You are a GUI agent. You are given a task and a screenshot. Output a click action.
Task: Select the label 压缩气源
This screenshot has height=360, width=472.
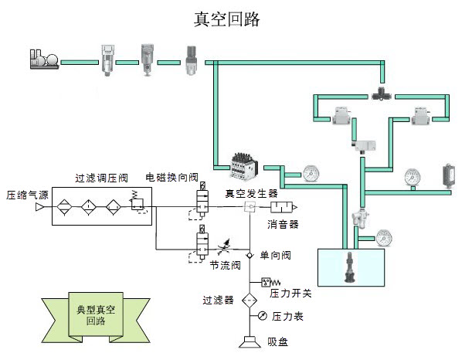click(28, 194)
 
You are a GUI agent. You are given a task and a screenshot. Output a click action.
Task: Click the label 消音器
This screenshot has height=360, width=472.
click(283, 225)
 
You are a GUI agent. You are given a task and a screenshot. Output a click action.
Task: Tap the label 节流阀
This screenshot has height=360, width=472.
click(226, 264)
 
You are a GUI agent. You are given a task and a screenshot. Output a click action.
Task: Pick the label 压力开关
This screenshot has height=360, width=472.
click(289, 293)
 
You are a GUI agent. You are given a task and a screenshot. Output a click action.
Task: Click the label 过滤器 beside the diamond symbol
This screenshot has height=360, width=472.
click(218, 300)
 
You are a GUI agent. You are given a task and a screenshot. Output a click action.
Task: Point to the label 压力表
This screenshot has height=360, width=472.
click(285, 316)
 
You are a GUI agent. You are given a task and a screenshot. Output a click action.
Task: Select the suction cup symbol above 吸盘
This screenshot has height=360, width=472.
click(250, 341)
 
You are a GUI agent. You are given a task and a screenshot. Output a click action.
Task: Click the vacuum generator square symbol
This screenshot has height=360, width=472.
click(250, 208)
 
